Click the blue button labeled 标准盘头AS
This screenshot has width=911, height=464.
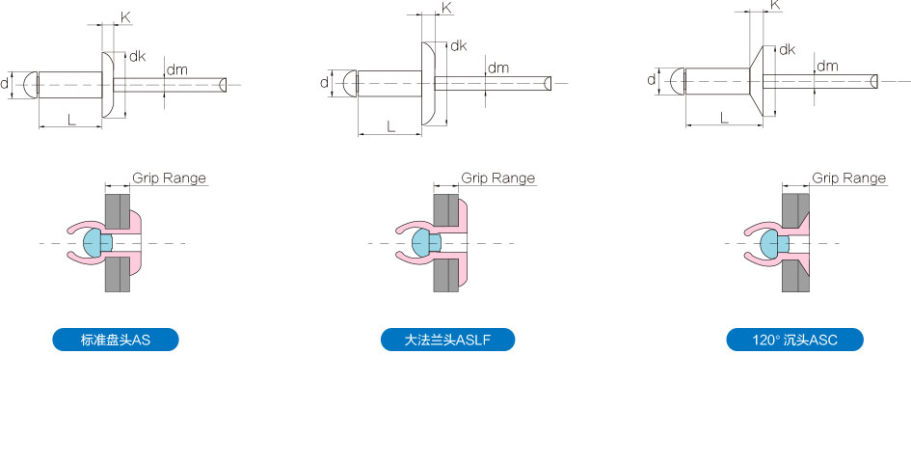pyautogui.click(x=116, y=340)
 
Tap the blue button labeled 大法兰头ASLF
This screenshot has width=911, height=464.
pyautogui.click(x=448, y=340)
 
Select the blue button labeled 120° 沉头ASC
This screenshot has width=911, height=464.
pyautogui.click(x=794, y=340)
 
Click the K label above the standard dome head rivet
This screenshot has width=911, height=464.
pyautogui.click(x=125, y=17)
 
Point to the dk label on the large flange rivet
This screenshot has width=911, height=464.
pyautogui.click(x=459, y=45)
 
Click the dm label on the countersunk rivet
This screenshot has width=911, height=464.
pyautogui.click(x=827, y=66)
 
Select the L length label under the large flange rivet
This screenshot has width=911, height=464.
pyautogui.click(x=390, y=125)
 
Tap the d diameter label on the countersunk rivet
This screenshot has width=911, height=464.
pyautogui.click(x=652, y=80)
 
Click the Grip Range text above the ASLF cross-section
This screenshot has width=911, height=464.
pyautogui.click(x=497, y=177)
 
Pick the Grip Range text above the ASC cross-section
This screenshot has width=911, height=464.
pyautogui.click(x=849, y=177)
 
